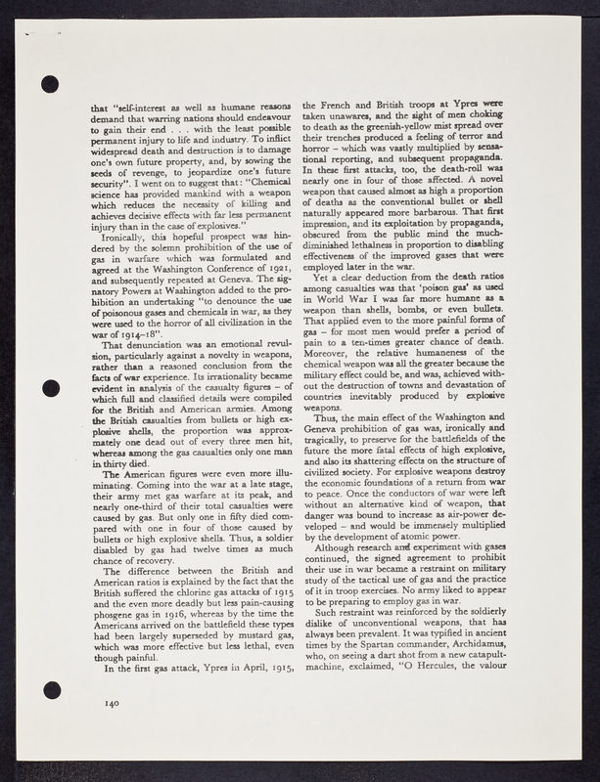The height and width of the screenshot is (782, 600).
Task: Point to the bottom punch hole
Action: [x=52, y=690]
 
